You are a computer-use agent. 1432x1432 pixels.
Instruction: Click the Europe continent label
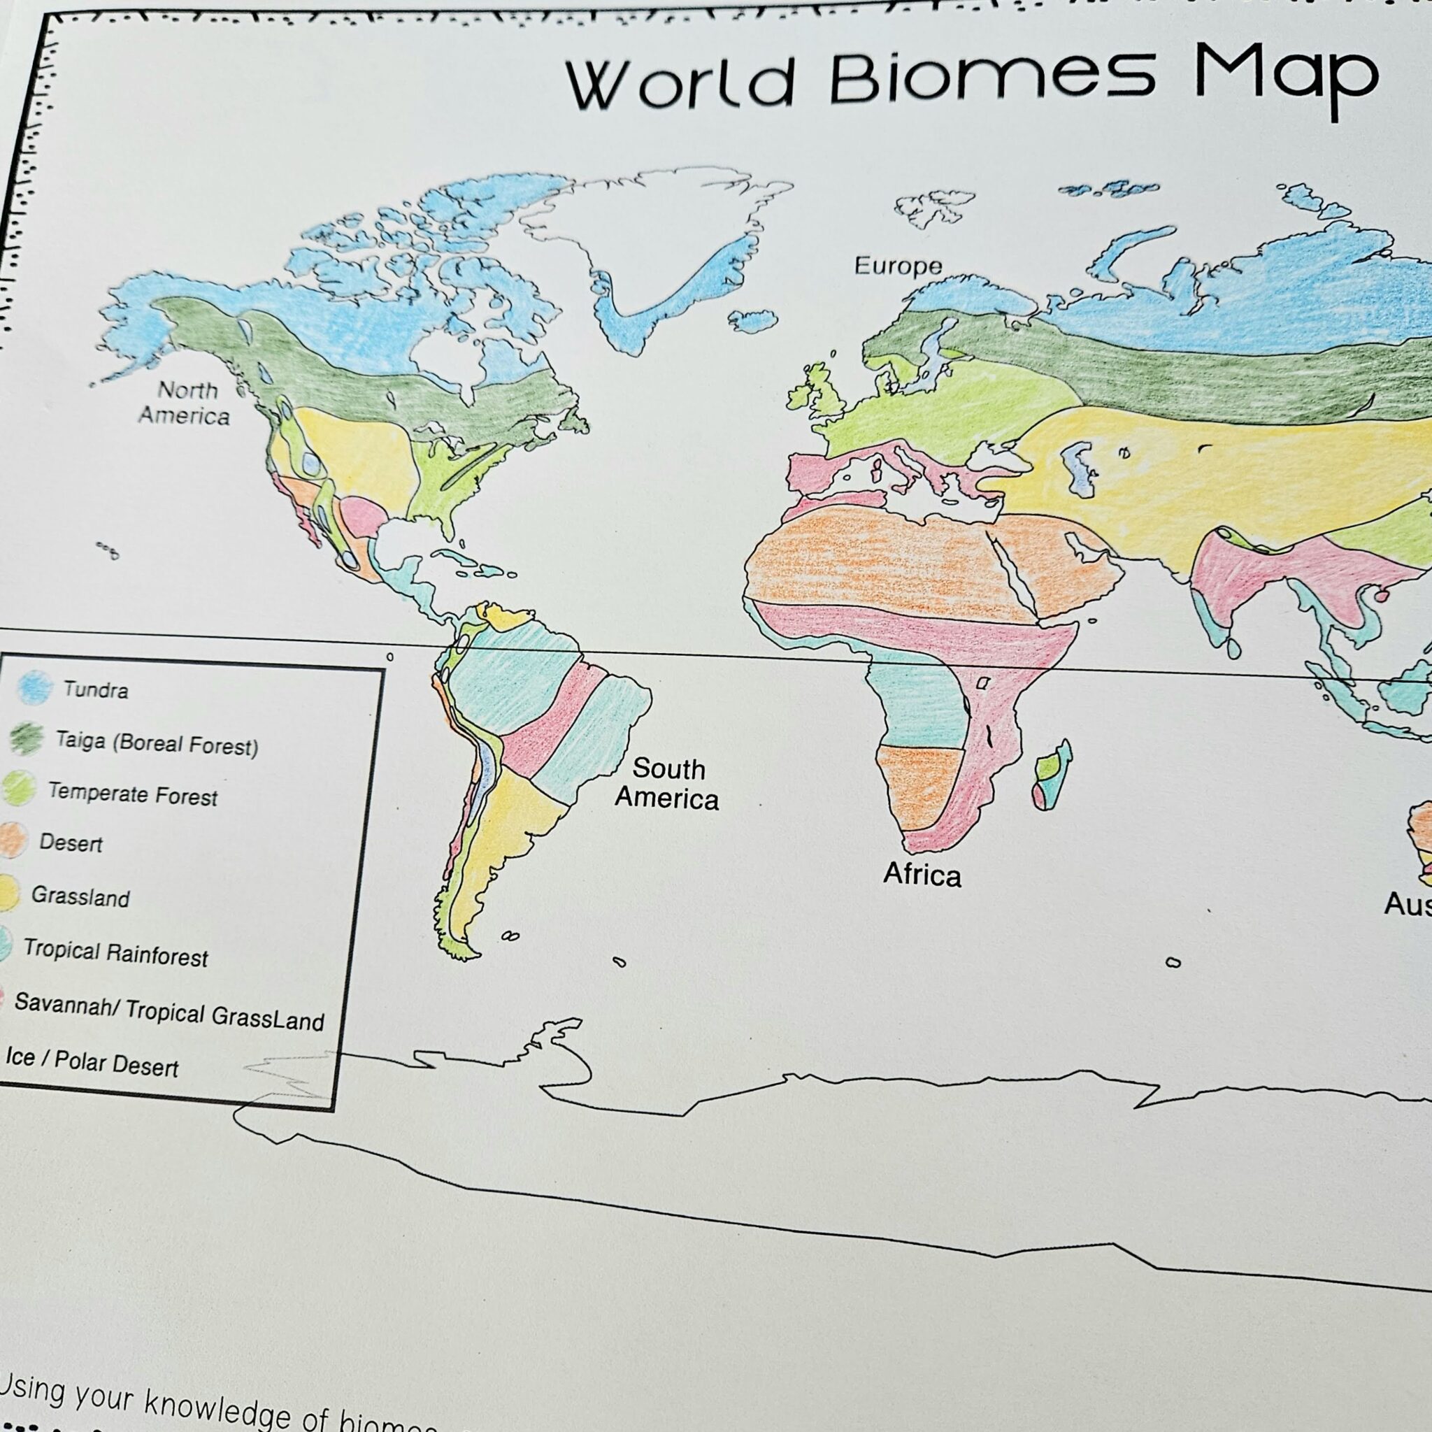tap(898, 265)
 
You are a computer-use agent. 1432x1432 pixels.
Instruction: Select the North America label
tap(185, 403)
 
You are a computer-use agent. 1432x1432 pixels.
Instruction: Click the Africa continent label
tap(922, 875)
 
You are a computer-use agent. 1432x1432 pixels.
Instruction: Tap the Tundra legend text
tap(96, 690)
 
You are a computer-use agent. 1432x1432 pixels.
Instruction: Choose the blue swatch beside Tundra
tap(34, 687)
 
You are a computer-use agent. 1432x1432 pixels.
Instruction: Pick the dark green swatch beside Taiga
tap(27, 738)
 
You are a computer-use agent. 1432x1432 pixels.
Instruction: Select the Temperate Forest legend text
tap(133, 794)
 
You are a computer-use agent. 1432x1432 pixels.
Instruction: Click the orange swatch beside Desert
tap(13, 840)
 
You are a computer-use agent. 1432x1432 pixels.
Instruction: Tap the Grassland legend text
tap(80, 897)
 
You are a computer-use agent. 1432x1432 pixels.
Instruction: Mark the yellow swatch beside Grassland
tap(8, 892)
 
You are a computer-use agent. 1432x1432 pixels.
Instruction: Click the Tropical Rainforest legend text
tap(115, 952)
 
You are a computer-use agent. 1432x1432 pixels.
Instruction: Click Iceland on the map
tap(752, 321)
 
